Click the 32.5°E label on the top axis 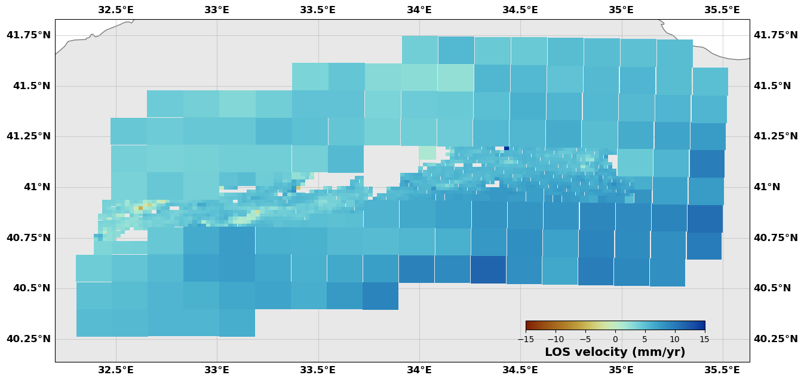116,10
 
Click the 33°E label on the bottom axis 217,370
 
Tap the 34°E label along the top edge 419,10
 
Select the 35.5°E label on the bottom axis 722,370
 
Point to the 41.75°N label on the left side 29,35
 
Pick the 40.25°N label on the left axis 29,339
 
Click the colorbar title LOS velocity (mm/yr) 615,352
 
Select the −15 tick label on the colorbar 526,339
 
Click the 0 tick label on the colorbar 615,339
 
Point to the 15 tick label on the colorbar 705,339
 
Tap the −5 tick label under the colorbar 585,339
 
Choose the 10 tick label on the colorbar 675,339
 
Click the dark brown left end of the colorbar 528,325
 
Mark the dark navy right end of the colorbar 702,325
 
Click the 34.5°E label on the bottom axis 520,370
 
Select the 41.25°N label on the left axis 29,136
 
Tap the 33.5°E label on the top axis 318,10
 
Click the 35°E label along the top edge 621,10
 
